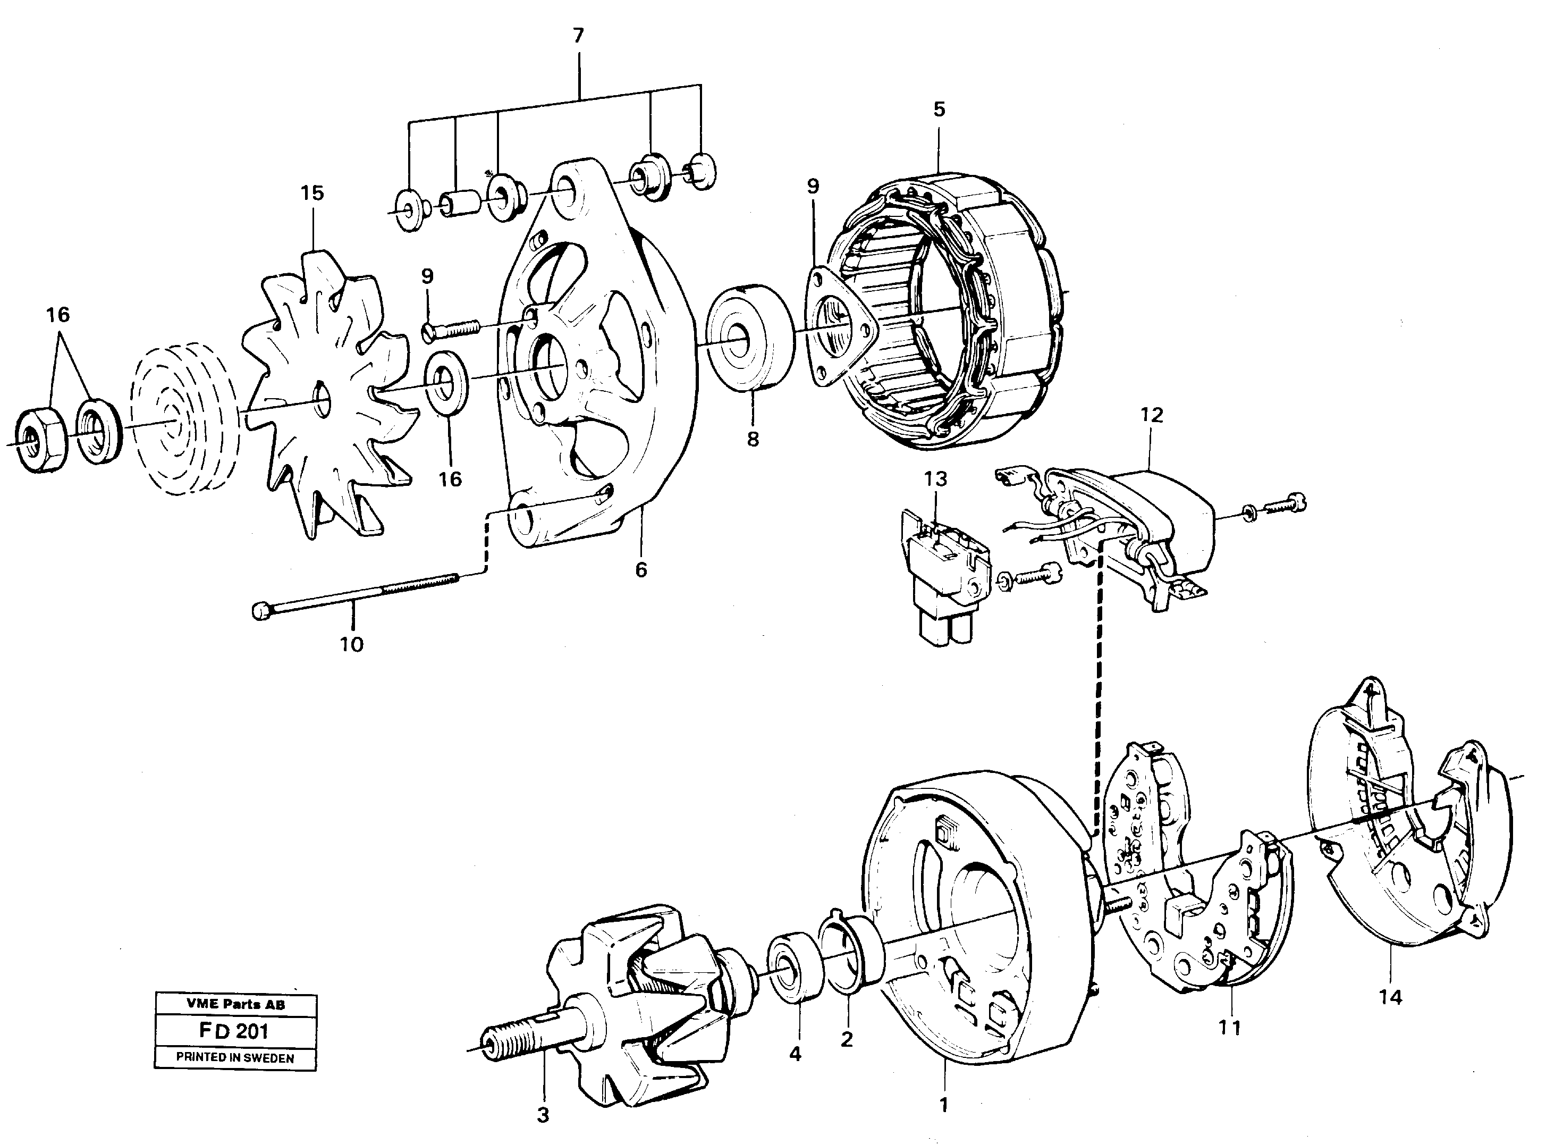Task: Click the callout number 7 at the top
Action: tap(578, 36)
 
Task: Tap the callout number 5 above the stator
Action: tap(939, 110)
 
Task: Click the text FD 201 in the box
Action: tap(235, 1031)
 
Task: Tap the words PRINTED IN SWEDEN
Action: tap(235, 1058)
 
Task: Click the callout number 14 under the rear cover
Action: tap(1390, 998)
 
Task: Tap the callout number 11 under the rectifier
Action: tap(1230, 1028)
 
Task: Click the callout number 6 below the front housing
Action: tap(641, 570)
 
